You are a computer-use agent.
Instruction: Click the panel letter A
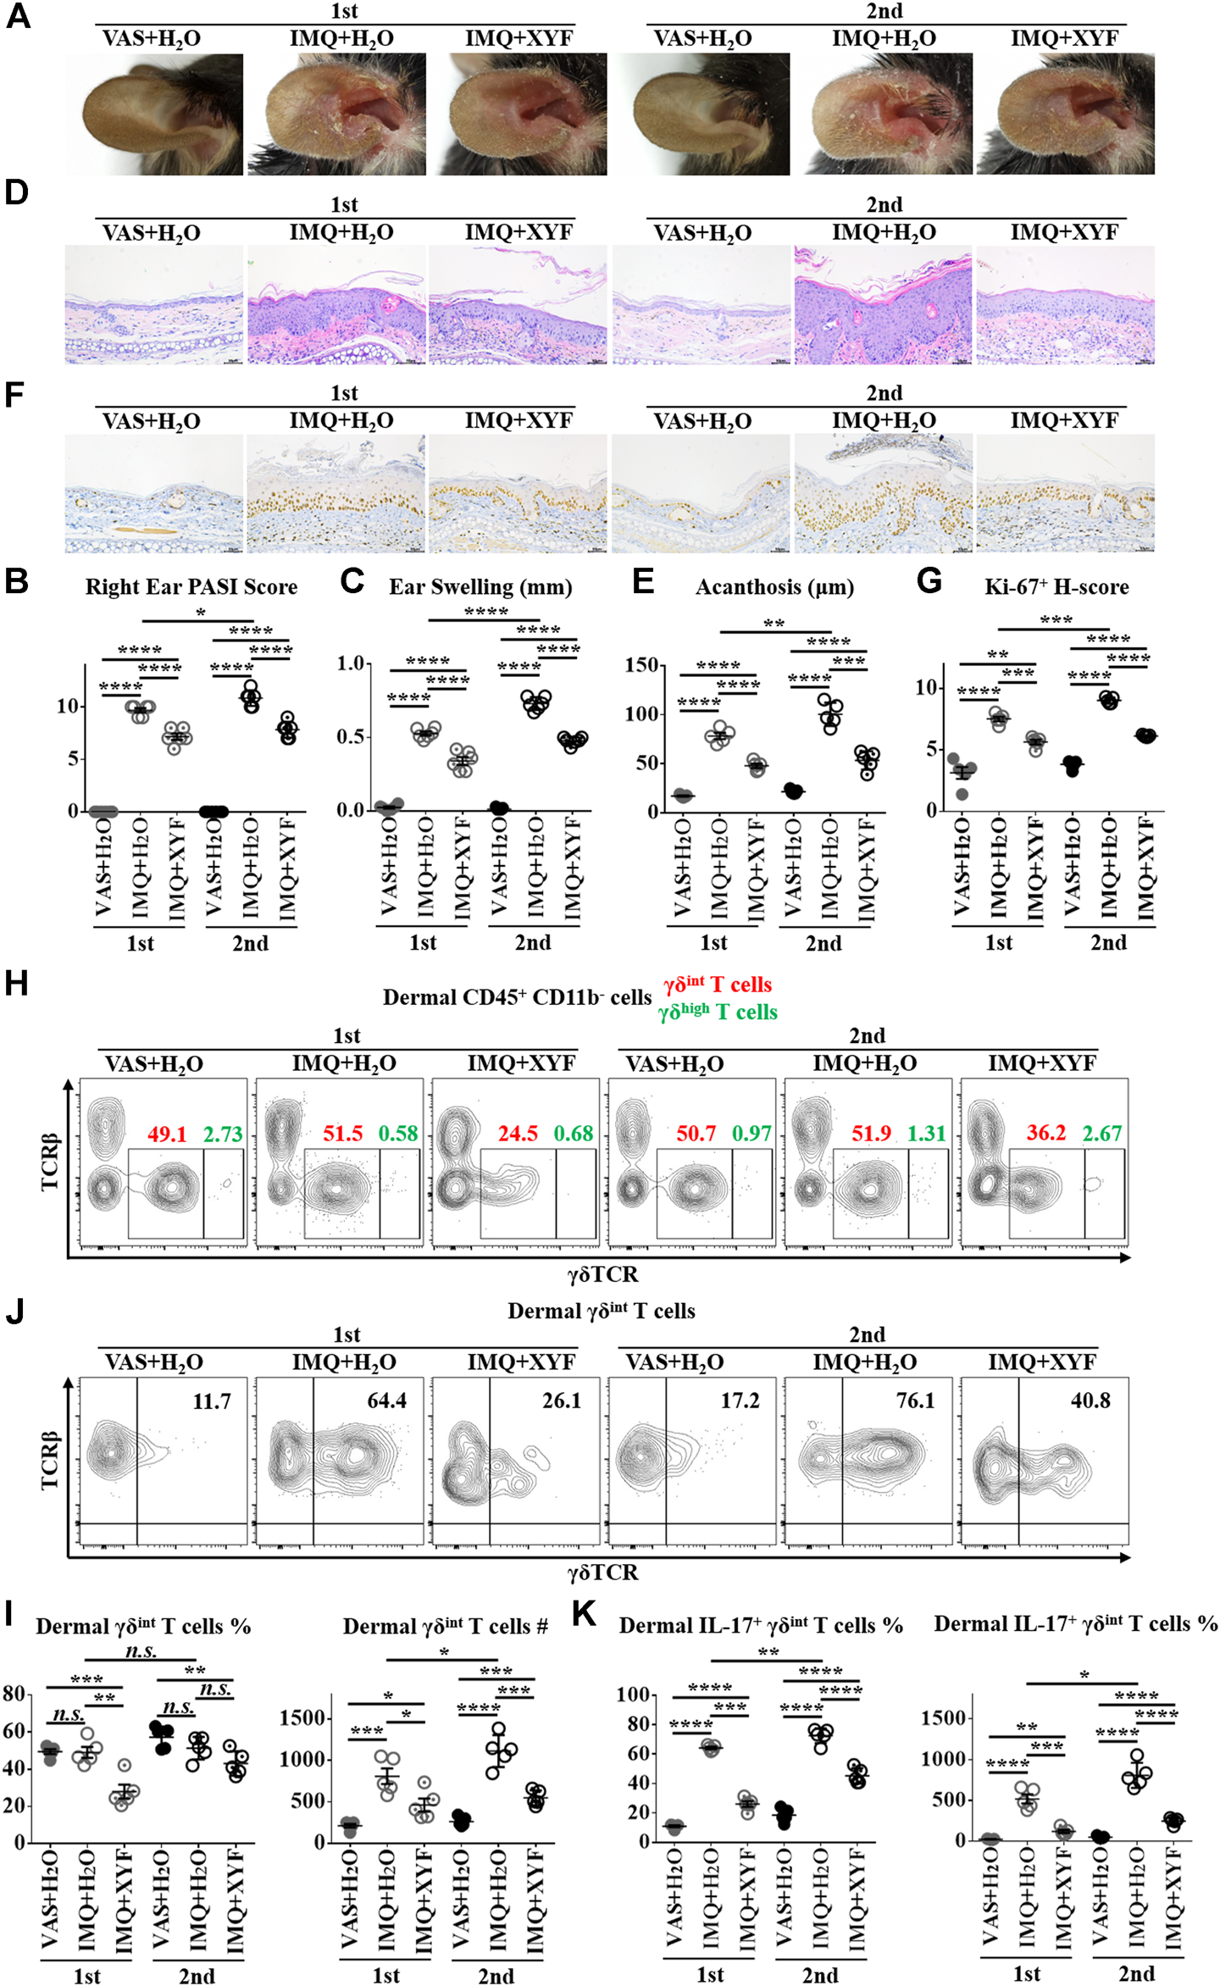pos(18,16)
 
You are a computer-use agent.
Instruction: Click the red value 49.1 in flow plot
pos(167,1134)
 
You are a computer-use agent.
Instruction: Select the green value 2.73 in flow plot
pos(223,1134)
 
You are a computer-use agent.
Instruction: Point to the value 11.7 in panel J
pos(211,1401)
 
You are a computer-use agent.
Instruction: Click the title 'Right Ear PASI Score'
pos(191,587)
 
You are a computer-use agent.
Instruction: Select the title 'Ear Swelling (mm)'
pos(480,587)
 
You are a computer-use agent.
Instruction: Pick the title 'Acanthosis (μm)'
pos(774,587)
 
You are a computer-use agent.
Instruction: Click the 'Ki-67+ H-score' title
pos(1056,587)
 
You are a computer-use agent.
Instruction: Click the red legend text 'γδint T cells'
pos(717,985)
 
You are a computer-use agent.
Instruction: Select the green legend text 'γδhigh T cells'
pos(717,1012)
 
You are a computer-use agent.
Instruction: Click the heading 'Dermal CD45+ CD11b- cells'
pos(517,997)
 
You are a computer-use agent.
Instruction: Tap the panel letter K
pos(584,1614)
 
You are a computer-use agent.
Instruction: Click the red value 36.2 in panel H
pos(1045,1134)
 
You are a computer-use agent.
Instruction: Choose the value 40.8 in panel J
pos(1090,1401)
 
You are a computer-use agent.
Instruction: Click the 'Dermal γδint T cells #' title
pos(445,1626)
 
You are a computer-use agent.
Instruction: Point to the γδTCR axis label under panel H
pos(602,1274)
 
